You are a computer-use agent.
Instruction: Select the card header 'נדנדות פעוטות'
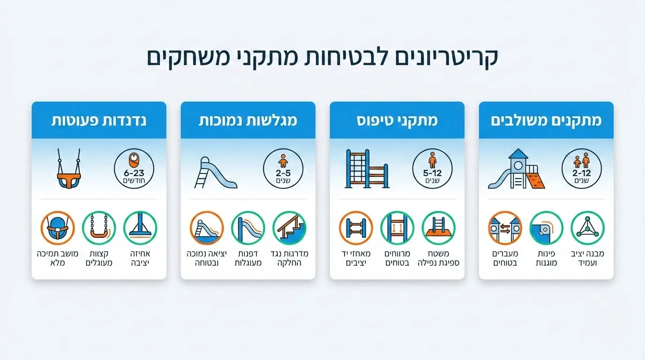[x=99, y=120]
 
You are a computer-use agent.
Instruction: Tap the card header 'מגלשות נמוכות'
[x=248, y=120]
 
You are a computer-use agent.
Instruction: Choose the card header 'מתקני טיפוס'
[x=397, y=120]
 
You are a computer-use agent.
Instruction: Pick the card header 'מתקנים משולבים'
[x=546, y=120]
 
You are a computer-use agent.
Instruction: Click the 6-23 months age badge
[x=135, y=168]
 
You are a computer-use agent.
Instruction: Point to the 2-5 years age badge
[x=283, y=168]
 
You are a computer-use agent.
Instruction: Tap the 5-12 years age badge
[x=432, y=168]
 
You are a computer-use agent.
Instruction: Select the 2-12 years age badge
[x=581, y=168]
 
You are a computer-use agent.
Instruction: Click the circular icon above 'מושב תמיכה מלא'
[x=58, y=228]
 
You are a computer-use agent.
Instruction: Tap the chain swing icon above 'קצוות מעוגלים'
[x=99, y=228]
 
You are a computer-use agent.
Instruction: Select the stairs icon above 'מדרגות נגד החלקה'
[x=289, y=228]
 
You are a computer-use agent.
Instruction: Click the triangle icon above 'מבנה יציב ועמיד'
[x=587, y=228]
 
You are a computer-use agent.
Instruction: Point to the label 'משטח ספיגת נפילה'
[x=438, y=258]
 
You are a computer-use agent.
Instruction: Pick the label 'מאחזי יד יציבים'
[x=356, y=258]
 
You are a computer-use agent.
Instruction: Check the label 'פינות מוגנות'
[x=546, y=258]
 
